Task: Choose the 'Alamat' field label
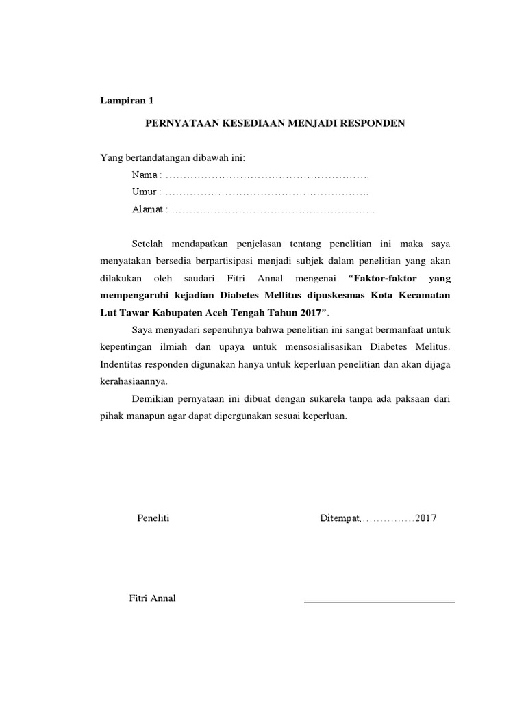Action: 149,209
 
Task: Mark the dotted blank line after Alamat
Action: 273,210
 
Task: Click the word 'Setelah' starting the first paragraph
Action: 149,244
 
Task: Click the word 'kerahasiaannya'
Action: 133,381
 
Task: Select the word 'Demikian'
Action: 153,398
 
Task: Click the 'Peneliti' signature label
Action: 153,518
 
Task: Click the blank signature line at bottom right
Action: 379,602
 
